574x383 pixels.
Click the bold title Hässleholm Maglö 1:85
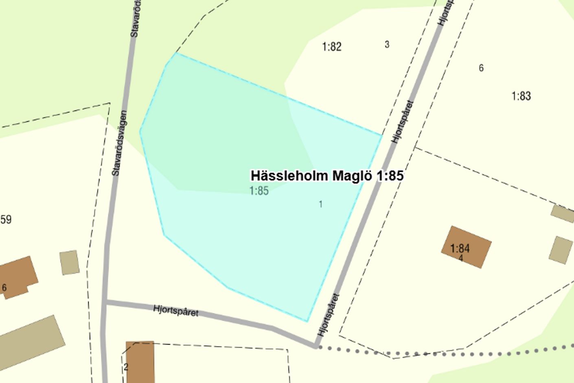(x=327, y=176)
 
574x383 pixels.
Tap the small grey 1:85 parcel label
(x=259, y=191)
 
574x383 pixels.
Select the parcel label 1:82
(x=331, y=47)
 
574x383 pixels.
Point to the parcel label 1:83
(x=521, y=96)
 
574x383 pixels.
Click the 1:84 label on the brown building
(x=460, y=248)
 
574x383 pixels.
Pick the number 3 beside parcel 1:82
(x=387, y=44)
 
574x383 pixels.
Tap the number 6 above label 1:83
(x=481, y=68)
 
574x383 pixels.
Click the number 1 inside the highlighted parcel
(x=321, y=204)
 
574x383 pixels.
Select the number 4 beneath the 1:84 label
(x=460, y=258)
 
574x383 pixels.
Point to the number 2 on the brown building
(x=126, y=367)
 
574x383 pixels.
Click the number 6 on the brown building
(x=4, y=288)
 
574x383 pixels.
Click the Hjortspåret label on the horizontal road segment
(x=176, y=310)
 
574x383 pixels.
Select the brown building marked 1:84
(x=466, y=247)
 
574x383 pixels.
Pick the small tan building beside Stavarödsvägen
(x=69, y=262)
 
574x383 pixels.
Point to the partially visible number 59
(x=6, y=220)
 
